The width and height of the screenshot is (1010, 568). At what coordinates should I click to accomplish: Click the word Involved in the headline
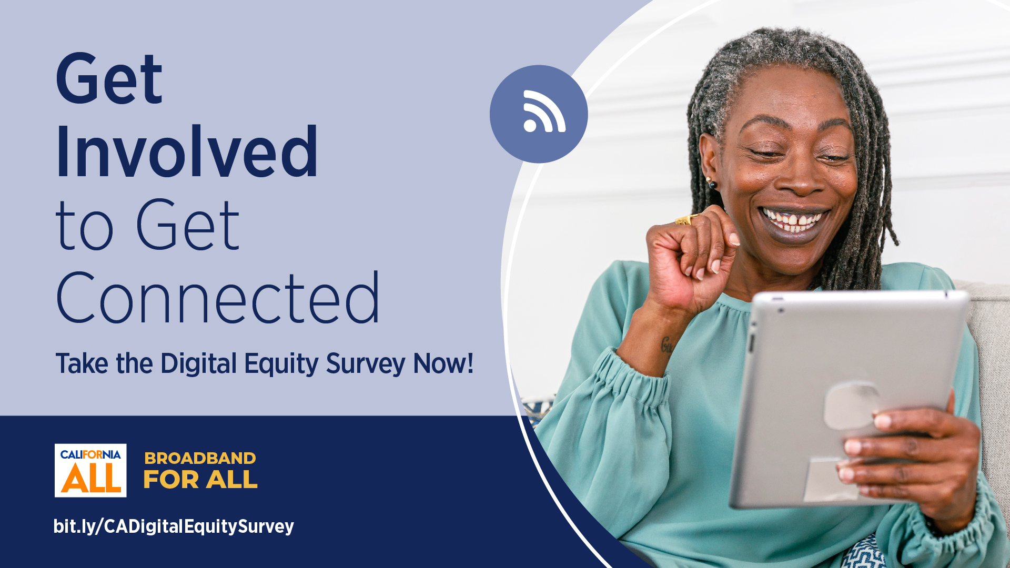(x=187, y=153)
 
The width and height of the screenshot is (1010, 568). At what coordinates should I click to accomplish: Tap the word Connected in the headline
(x=217, y=299)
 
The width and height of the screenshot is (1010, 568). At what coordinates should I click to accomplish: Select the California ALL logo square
(x=90, y=470)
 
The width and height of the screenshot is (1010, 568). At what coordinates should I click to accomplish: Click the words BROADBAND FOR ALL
(x=200, y=470)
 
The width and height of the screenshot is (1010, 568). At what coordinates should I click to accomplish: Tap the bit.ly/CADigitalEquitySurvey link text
(x=174, y=526)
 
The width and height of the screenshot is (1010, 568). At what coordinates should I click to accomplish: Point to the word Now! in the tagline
(x=443, y=364)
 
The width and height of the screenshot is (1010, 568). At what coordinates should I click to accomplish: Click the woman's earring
(x=711, y=183)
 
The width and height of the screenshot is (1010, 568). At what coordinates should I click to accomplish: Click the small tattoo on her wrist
(x=666, y=345)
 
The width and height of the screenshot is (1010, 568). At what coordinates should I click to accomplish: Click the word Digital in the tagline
(x=199, y=364)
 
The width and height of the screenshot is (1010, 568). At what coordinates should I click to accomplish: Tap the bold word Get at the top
(x=109, y=80)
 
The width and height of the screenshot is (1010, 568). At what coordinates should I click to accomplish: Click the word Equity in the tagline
(x=281, y=364)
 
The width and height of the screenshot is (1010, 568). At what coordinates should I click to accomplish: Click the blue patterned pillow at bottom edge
(x=863, y=555)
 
